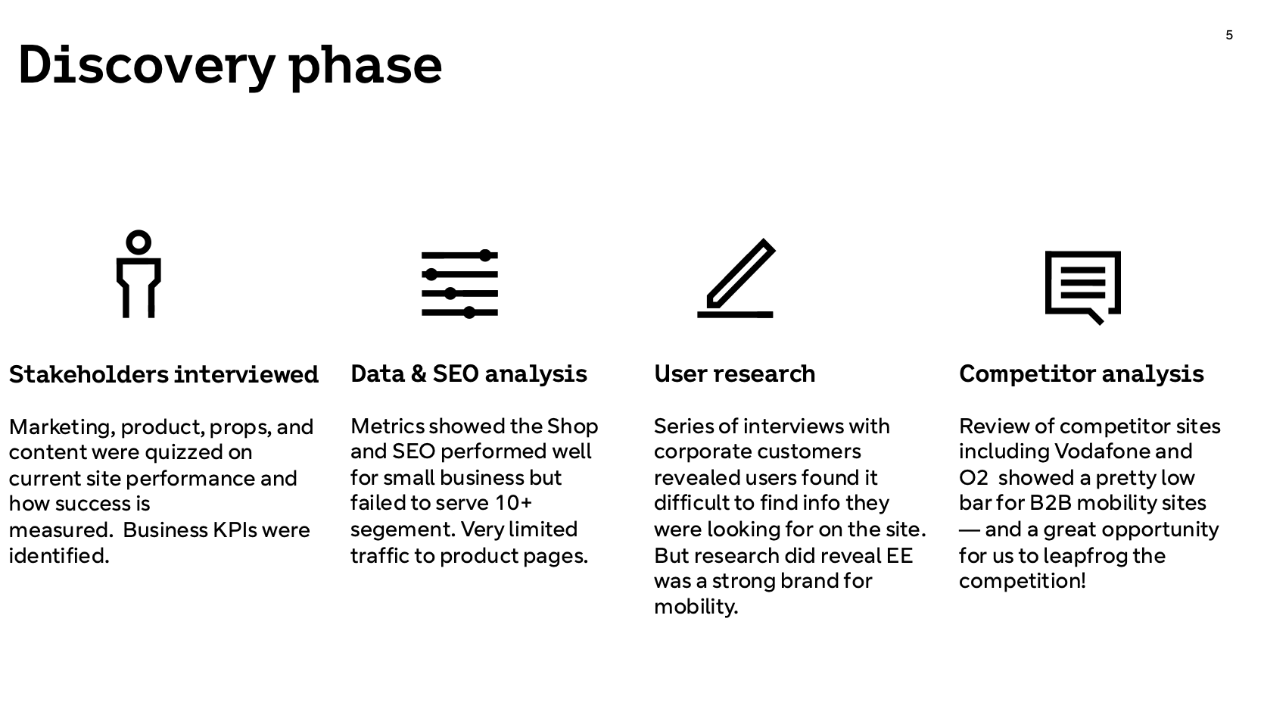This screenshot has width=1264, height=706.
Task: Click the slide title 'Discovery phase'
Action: tap(229, 67)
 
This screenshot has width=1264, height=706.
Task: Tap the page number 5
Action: tap(1229, 35)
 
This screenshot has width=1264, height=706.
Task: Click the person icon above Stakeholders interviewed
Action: tap(139, 274)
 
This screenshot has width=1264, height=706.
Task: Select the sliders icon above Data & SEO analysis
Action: tap(460, 283)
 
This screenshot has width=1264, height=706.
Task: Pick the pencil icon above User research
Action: tap(736, 279)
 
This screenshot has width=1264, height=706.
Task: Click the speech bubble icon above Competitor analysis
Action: tap(1083, 288)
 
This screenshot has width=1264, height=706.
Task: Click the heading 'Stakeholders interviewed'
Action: tap(163, 374)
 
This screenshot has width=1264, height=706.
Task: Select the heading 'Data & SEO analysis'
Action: tap(469, 374)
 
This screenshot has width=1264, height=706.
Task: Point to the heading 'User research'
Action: tap(735, 374)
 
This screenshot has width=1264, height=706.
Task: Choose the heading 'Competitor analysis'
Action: tap(1081, 374)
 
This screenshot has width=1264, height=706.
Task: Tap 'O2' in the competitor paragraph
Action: tap(973, 478)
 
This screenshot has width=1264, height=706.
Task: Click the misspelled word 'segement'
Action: tap(403, 529)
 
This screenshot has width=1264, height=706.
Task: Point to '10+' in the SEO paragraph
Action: tap(513, 503)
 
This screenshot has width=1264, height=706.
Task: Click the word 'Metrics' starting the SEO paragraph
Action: tap(387, 426)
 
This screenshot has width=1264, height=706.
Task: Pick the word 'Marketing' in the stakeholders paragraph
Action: tap(62, 427)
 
